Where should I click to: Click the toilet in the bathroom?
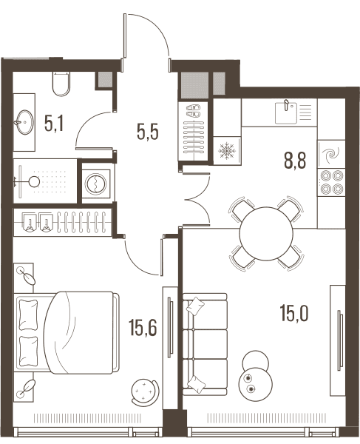coord(61,84)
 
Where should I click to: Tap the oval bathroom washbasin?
coord(24,122)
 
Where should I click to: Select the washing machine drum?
coord(95,184)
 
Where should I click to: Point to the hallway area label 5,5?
coord(147,132)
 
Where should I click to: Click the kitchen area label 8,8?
coord(295,161)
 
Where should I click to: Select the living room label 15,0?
coord(294,313)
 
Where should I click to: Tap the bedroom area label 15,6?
coord(143,327)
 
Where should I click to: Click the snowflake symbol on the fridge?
coord(227,151)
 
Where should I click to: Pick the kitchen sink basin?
coord(286,113)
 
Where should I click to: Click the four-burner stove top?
coord(331,182)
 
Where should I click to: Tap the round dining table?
coord(266,234)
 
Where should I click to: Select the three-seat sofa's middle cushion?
coord(205,344)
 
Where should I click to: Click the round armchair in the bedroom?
coord(145,390)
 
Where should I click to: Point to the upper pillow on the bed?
coord(28,315)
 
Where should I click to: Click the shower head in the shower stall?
coord(35,181)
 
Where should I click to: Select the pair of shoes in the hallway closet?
coord(194,111)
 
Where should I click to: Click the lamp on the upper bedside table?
coord(26,275)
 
